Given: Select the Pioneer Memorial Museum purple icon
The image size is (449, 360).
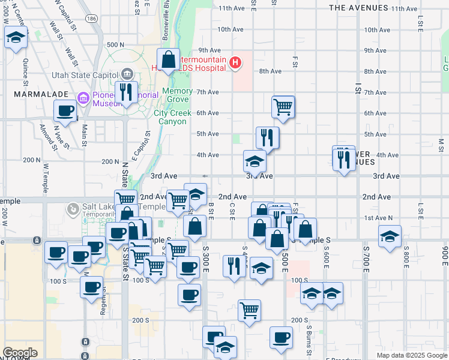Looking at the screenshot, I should coord(83,97).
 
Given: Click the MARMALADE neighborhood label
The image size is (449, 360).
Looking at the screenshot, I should coord(31,94).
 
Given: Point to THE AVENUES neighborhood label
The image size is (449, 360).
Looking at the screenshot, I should coord(359,8).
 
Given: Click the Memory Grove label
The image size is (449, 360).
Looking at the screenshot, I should coord(177,95).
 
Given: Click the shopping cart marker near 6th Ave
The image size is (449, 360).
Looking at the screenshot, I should coord(283,107).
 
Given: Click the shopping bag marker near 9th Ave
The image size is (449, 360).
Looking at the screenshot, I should coord(169,59).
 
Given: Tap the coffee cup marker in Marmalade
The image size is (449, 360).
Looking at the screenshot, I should coord(65,110).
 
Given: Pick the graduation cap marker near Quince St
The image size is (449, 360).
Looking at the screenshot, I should coord(15,39).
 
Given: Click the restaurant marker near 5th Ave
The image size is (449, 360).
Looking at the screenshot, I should coord(267,137).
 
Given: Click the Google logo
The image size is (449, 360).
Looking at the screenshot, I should coord(20,353).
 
